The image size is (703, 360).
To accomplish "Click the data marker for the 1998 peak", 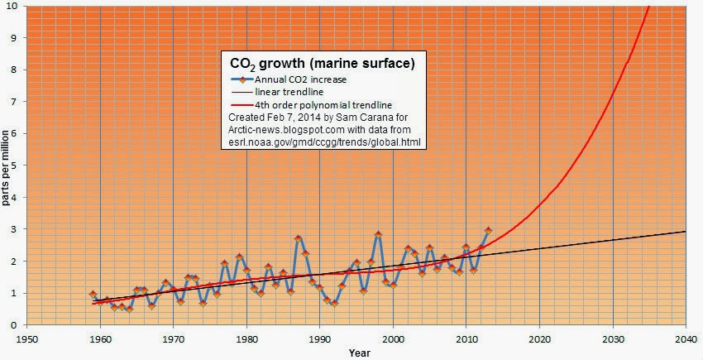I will coord(378,235).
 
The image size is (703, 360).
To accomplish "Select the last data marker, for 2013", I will coord(488,230).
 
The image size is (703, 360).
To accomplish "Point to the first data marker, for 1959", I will coord(93,294).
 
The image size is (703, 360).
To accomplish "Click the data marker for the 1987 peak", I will coord(298,238).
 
